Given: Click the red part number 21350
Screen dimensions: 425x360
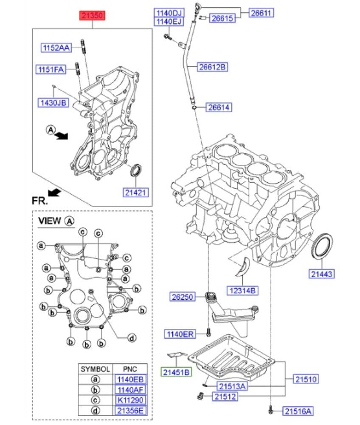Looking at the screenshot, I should [x=92, y=17].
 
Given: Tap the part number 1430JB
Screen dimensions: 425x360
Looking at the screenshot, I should [x=53, y=102].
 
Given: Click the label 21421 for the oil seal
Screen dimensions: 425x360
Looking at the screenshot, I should [x=137, y=193].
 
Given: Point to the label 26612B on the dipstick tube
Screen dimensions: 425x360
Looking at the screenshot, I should [x=213, y=67].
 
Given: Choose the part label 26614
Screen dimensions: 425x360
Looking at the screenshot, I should [x=219, y=107].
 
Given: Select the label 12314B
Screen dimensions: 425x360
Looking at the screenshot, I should [x=242, y=291].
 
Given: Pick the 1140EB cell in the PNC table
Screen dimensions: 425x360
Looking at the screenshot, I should [x=129, y=380].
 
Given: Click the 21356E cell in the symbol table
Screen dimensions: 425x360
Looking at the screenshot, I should [x=129, y=410].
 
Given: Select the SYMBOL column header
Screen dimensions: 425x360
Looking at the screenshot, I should [x=96, y=369].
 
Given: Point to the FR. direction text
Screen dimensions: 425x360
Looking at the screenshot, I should [x=40, y=199].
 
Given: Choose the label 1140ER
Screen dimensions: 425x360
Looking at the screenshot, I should [x=180, y=334].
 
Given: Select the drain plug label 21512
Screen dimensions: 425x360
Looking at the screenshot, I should [x=225, y=397].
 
